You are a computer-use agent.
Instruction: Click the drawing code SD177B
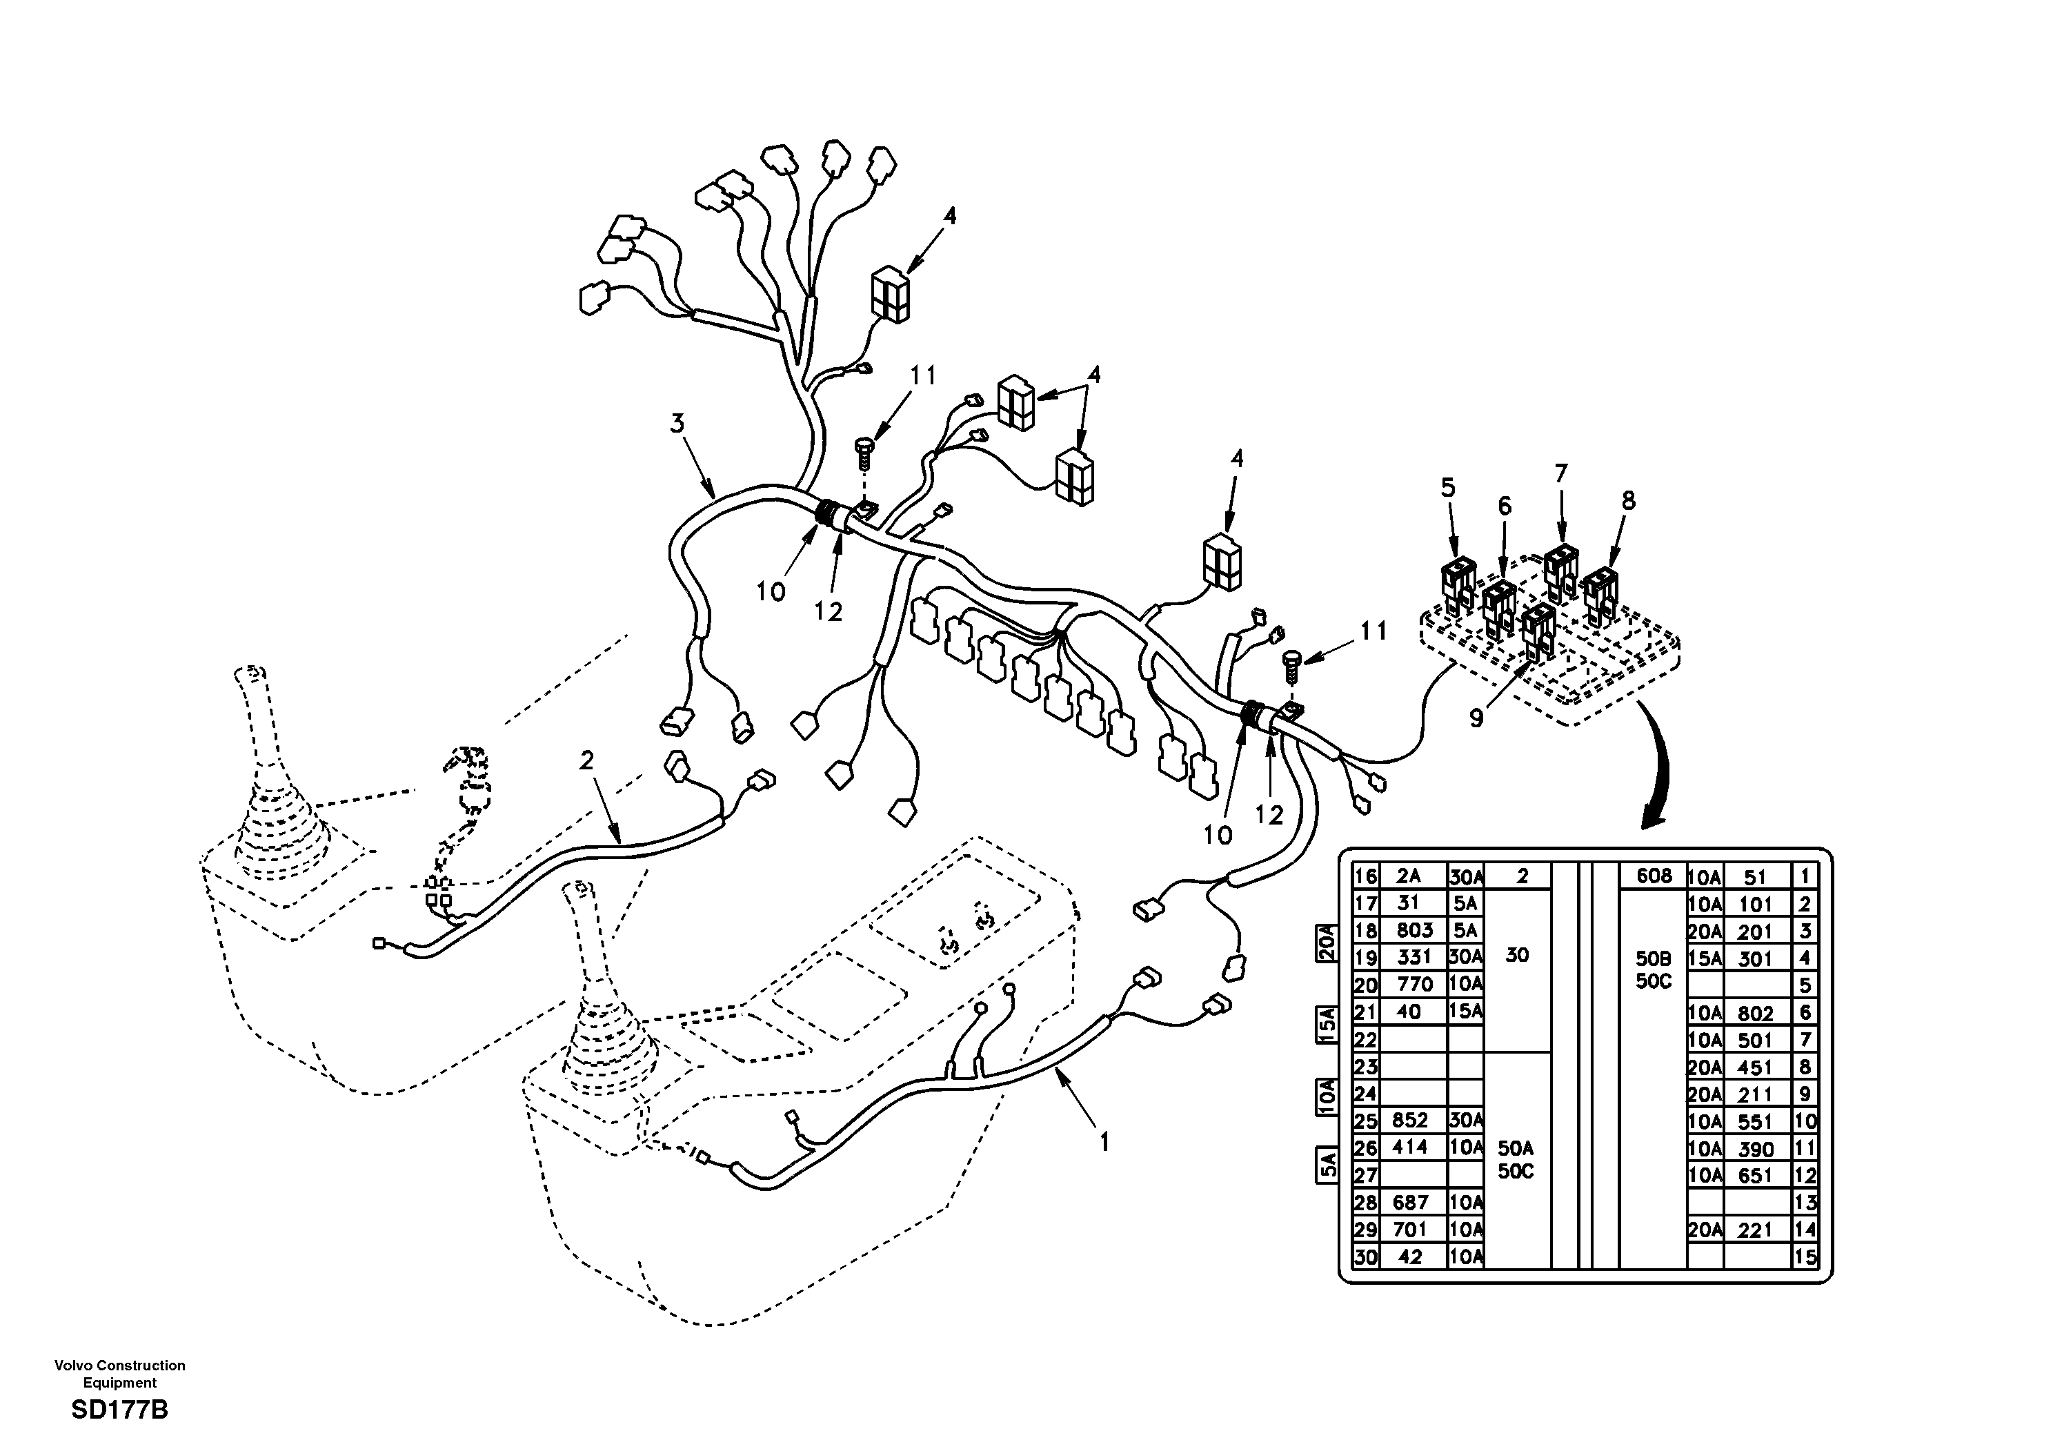(x=120, y=1410)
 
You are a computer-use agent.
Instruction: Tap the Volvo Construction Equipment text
(x=120, y=1373)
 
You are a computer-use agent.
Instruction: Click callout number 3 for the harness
(x=677, y=423)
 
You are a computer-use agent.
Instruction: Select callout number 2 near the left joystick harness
(x=586, y=761)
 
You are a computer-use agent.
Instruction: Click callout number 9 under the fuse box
(x=1476, y=718)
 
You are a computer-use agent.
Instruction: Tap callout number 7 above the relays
(x=1561, y=474)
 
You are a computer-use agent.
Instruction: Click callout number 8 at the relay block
(x=1627, y=501)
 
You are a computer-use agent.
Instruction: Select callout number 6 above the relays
(x=1505, y=506)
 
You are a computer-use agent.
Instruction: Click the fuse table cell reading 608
(x=1654, y=876)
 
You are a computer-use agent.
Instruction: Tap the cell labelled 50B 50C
(x=1654, y=969)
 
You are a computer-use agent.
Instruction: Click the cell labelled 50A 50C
(x=1516, y=1159)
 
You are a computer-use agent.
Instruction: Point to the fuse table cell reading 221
(x=1754, y=1230)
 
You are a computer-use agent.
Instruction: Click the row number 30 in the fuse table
(x=1365, y=1256)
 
